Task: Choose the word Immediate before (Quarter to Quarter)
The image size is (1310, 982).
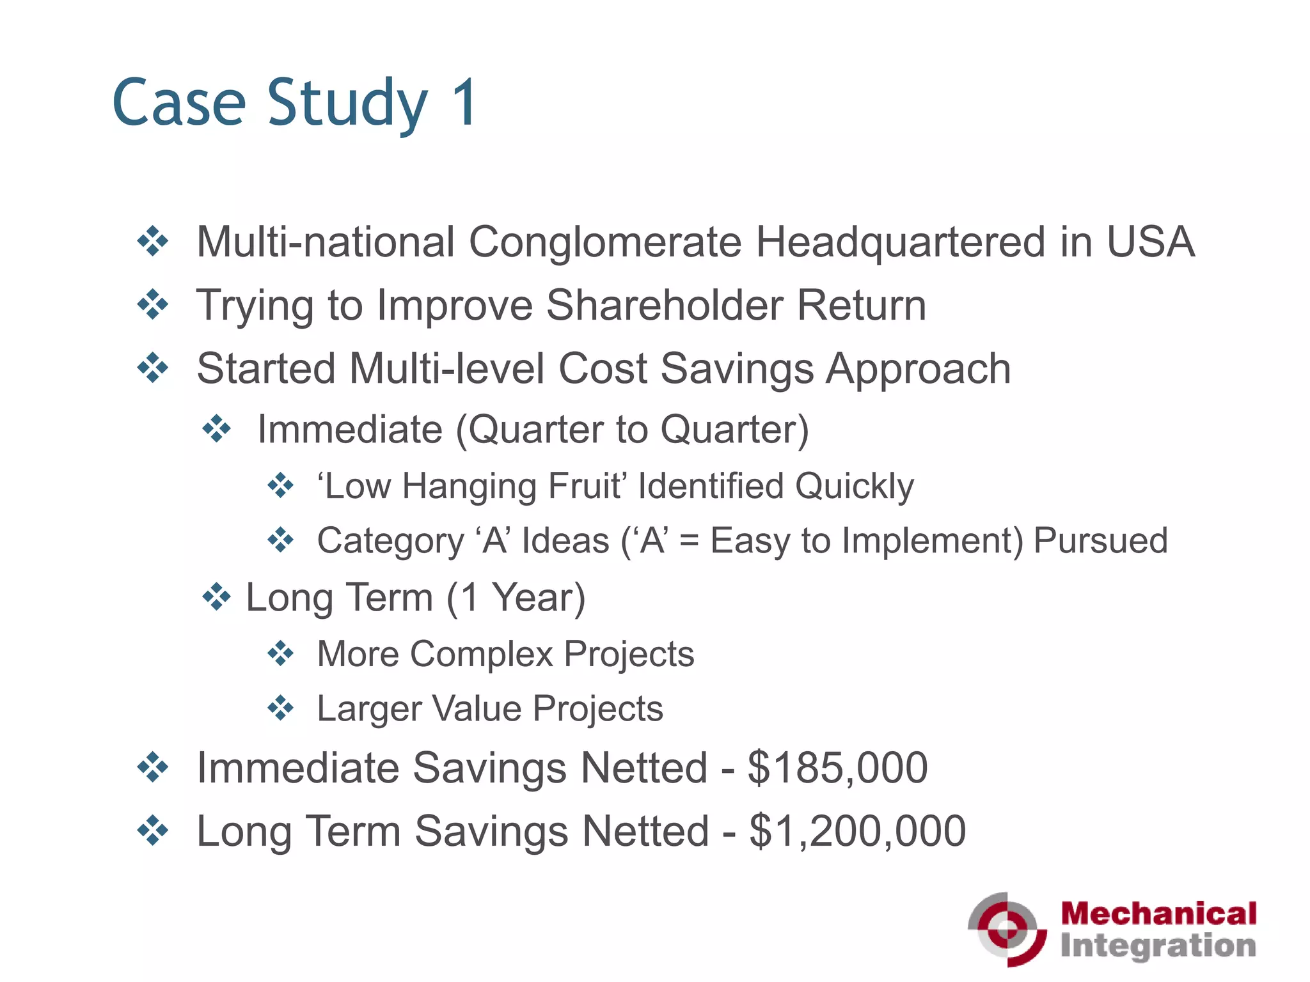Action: pos(350,429)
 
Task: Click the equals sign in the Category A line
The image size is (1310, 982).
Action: pos(689,541)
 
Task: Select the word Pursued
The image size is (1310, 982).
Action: pos(1100,541)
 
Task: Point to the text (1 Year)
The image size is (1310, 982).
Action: pos(516,598)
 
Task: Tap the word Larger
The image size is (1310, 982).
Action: pos(369,709)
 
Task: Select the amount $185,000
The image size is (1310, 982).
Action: pos(837,768)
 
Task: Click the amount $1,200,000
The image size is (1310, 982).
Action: pos(857,831)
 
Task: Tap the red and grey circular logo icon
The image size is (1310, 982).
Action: pos(1007,929)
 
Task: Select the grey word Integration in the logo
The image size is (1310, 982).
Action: pos(1158,946)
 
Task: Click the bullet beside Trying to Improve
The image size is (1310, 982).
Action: pos(153,304)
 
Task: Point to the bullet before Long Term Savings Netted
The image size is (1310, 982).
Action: pos(153,830)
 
